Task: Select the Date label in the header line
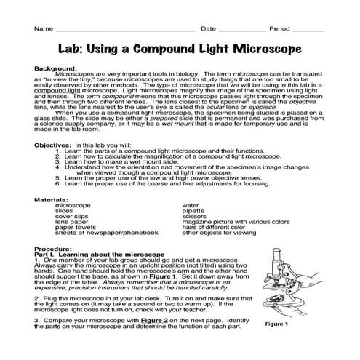208,29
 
